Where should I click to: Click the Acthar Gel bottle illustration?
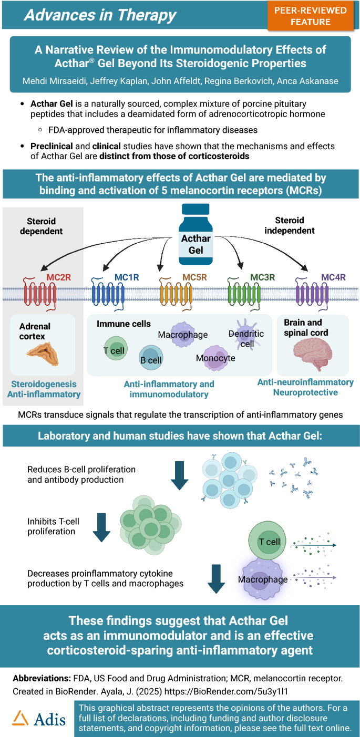click(196, 237)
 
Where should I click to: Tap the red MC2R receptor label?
click(59, 277)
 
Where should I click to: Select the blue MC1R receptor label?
click(127, 277)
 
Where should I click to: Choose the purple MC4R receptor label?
click(333, 277)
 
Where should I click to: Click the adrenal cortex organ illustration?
click(43, 354)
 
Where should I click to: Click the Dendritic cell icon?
click(247, 335)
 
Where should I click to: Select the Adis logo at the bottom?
click(39, 718)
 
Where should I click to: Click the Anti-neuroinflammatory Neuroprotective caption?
click(305, 387)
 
